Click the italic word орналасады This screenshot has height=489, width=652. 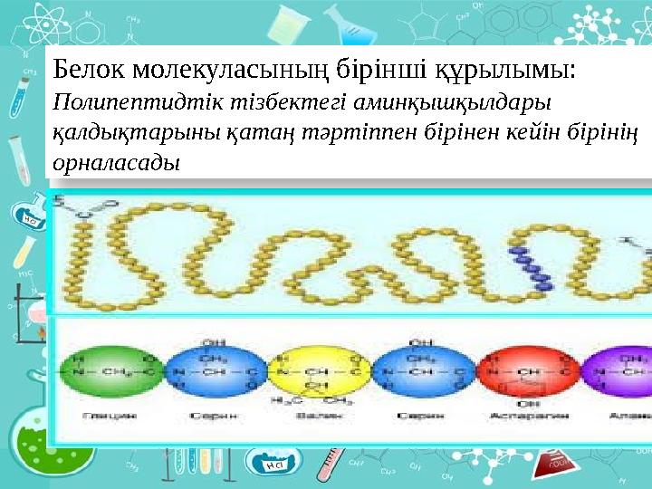pos(117,164)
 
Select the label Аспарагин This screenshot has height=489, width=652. pos(529,416)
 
